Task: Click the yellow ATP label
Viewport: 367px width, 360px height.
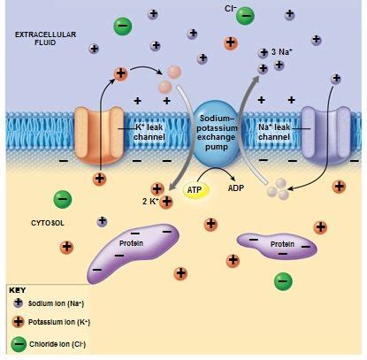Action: point(194,189)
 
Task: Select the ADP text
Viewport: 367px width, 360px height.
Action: point(235,188)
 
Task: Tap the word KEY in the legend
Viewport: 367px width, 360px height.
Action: point(18,289)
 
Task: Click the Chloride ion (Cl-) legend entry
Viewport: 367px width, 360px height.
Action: point(53,343)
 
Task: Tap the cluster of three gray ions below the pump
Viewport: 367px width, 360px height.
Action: point(279,188)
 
